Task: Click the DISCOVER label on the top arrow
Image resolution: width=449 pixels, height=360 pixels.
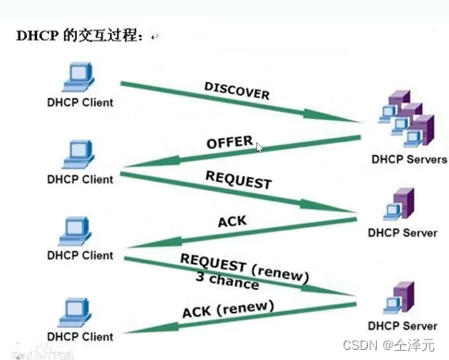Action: coord(237,90)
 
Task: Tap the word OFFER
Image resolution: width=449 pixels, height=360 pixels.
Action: coord(229,143)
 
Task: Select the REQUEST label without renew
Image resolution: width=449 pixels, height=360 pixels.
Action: coord(238,180)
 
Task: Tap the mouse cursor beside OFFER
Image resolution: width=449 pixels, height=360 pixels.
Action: coord(260,147)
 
